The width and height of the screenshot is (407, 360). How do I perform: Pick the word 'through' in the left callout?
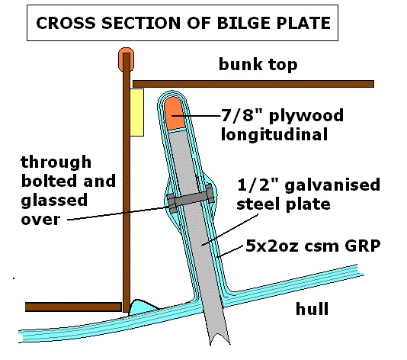(x=56, y=162)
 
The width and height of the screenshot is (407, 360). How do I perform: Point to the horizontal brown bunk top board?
(x=252, y=82)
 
